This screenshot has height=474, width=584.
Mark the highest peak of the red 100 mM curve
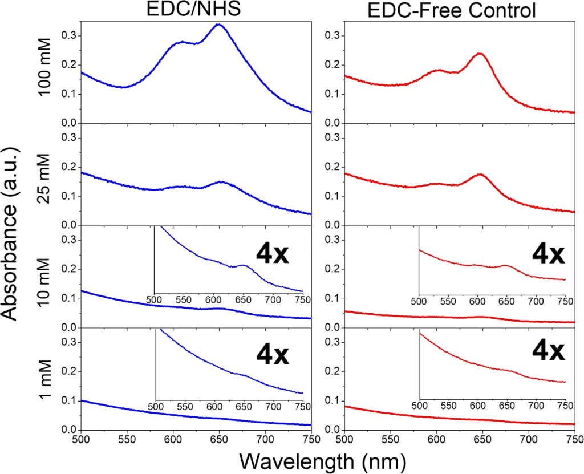480,54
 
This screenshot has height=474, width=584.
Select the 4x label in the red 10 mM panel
548,254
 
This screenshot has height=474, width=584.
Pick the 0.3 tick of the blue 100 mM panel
70,35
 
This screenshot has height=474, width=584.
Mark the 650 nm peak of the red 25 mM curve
480,175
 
